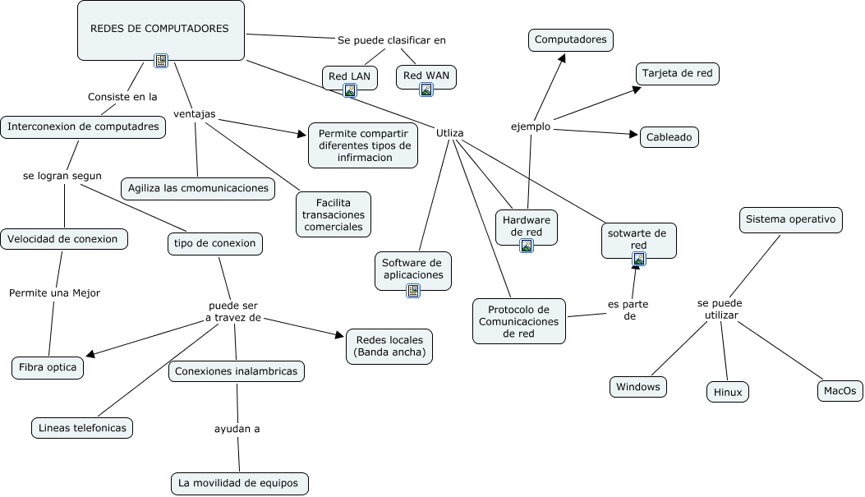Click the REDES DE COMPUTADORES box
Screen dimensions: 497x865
(x=160, y=30)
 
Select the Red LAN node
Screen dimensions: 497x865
(x=350, y=76)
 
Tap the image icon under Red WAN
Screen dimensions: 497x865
(x=426, y=90)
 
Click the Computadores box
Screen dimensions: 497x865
(x=570, y=39)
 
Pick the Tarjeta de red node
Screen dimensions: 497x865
(x=678, y=74)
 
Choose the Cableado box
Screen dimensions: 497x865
(x=669, y=137)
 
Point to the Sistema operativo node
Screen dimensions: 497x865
(x=791, y=220)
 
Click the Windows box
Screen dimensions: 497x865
(x=638, y=387)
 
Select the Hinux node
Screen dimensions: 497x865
(x=728, y=393)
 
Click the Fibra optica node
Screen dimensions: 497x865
(x=48, y=367)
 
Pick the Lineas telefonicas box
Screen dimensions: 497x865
(x=82, y=428)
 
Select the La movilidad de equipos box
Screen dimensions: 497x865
(x=240, y=483)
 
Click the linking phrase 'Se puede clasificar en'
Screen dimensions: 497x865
(x=392, y=39)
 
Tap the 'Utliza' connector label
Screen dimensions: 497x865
(x=450, y=132)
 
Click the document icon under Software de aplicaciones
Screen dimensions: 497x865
(x=412, y=290)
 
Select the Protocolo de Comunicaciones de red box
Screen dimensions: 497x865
(x=519, y=321)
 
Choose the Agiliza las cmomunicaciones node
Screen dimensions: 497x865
(x=198, y=188)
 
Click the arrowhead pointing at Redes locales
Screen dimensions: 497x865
(x=338, y=334)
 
